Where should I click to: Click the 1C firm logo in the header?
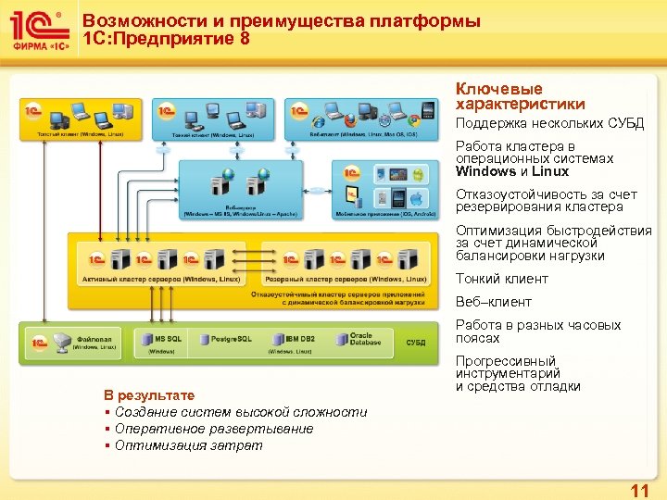tap(38, 31)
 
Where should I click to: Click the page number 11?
tap(638, 490)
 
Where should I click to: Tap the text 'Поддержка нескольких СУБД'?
tap(548, 124)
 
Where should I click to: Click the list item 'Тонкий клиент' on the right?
tap(501, 279)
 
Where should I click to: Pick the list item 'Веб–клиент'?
tap(493, 302)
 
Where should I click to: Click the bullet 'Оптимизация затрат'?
tap(188, 445)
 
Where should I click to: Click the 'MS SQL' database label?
tap(169, 340)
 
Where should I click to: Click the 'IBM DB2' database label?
tap(299, 340)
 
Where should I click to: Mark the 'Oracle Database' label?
tap(360, 340)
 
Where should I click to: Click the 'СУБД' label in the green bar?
tap(416, 342)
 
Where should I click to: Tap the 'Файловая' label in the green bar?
tap(94, 339)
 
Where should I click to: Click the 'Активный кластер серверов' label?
tap(159, 279)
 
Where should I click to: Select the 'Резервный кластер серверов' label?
tap(346, 279)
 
